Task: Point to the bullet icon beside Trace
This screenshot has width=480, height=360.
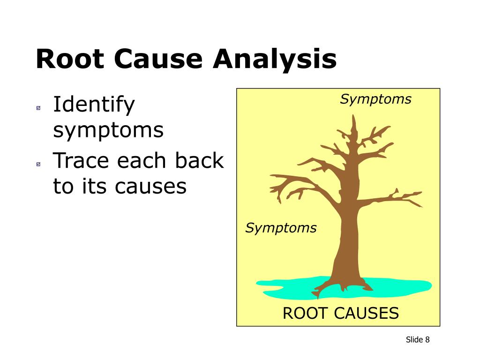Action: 38,164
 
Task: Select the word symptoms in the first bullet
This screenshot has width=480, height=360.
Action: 108,130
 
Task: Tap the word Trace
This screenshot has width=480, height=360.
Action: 82,161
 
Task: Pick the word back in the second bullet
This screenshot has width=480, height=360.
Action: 199,161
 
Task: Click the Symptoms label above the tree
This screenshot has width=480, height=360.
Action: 375,99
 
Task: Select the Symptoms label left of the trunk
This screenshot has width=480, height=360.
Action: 281,228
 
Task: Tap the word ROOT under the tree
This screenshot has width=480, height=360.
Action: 306,313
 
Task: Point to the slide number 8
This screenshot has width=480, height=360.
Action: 427,340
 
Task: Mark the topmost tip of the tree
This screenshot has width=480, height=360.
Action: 354,116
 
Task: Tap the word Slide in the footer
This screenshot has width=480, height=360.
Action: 414,340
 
